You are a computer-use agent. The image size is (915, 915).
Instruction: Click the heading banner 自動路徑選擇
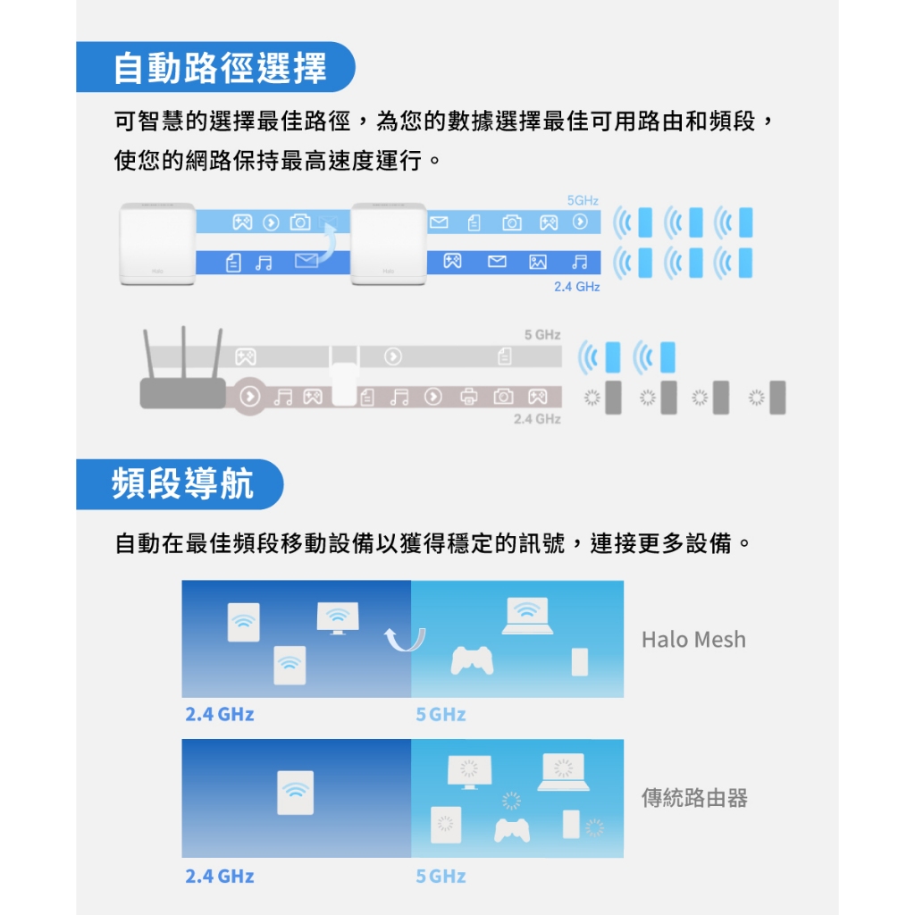[x=215, y=67]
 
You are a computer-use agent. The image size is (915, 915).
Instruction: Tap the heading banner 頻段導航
[x=180, y=484]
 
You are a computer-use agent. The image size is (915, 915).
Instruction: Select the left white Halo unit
[x=157, y=244]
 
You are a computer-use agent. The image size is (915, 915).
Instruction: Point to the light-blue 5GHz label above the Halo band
[x=583, y=201]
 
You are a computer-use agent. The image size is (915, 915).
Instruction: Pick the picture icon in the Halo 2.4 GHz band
[x=537, y=262]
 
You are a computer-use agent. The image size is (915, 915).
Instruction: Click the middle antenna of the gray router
[x=184, y=352]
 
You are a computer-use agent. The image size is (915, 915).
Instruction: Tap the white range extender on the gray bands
[x=344, y=382]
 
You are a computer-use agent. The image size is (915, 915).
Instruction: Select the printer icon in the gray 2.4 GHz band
[x=468, y=398]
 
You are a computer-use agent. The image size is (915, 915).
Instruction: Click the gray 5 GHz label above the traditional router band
[x=542, y=335]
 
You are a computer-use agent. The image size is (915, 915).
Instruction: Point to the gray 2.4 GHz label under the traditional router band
[x=537, y=419]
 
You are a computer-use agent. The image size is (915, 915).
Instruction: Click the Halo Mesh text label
[x=693, y=640]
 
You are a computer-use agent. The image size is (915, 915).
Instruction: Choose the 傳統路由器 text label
[x=694, y=798]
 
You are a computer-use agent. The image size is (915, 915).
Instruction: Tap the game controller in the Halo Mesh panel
[x=472, y=660]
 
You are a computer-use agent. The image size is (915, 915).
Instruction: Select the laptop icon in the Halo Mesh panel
[x=527, y=617]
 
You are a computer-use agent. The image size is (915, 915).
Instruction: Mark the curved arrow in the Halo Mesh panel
[x=405, y=641]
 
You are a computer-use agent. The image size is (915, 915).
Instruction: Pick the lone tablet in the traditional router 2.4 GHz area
[x=296, y=793]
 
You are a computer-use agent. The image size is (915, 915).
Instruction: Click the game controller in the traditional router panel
[x=512, y=830]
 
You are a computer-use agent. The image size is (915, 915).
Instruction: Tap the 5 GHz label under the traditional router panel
[x=441, y=876]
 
